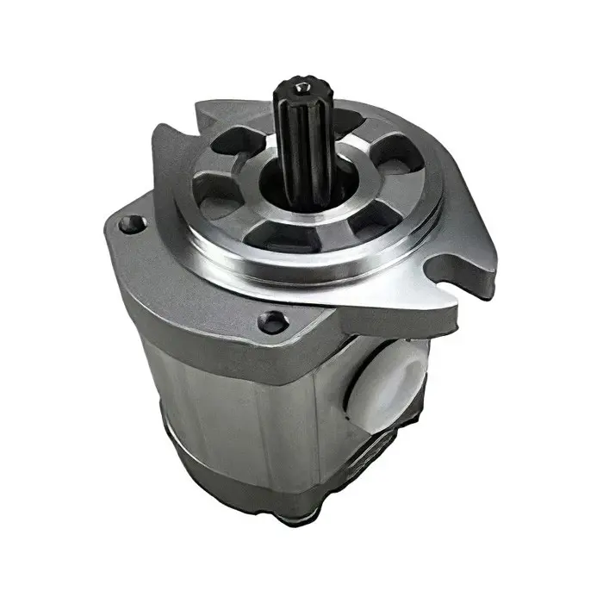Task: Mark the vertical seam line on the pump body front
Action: [x=258, y=413]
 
